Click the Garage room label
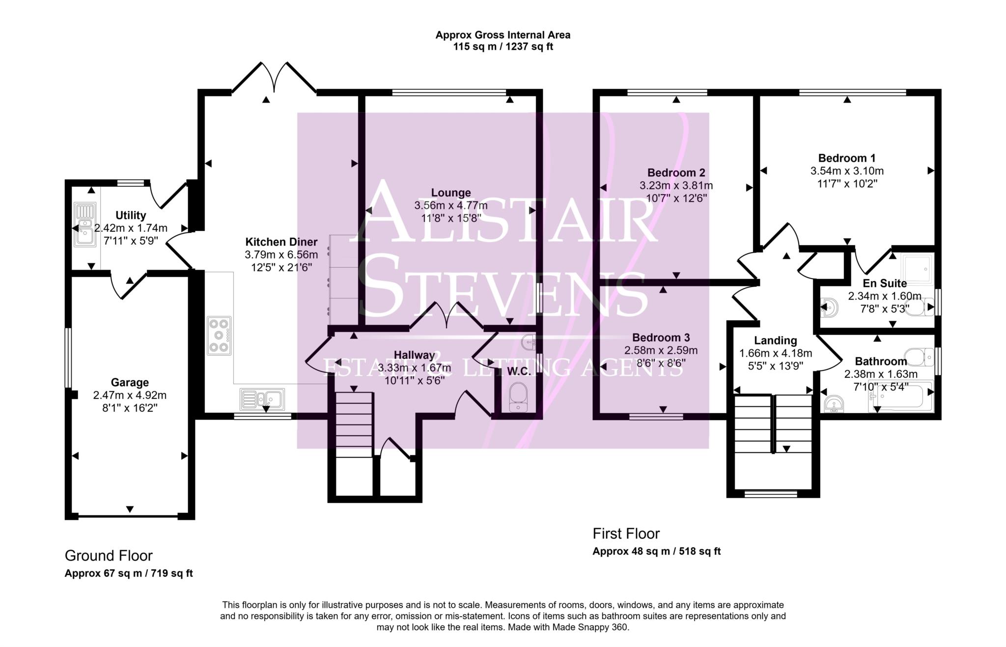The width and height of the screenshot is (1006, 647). point(130,382)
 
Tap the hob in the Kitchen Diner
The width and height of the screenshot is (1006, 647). point(219,336)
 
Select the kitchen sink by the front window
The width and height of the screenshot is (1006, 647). point(262,399)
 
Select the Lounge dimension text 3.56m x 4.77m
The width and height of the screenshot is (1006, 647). point(451,205)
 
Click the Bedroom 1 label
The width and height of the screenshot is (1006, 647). point(847,158)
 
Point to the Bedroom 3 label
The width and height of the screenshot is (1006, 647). point(661,338)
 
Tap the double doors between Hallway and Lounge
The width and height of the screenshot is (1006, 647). point(447,316)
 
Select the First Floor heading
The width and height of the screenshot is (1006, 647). point(626,534)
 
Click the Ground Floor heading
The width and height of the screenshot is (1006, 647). point(109,556)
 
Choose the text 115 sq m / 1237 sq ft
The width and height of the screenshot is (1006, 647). point(503,47)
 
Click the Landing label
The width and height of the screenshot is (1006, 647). point(775,340)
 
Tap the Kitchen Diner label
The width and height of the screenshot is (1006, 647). point(281,242)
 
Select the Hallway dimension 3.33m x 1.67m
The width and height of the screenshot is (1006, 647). point(414,367)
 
